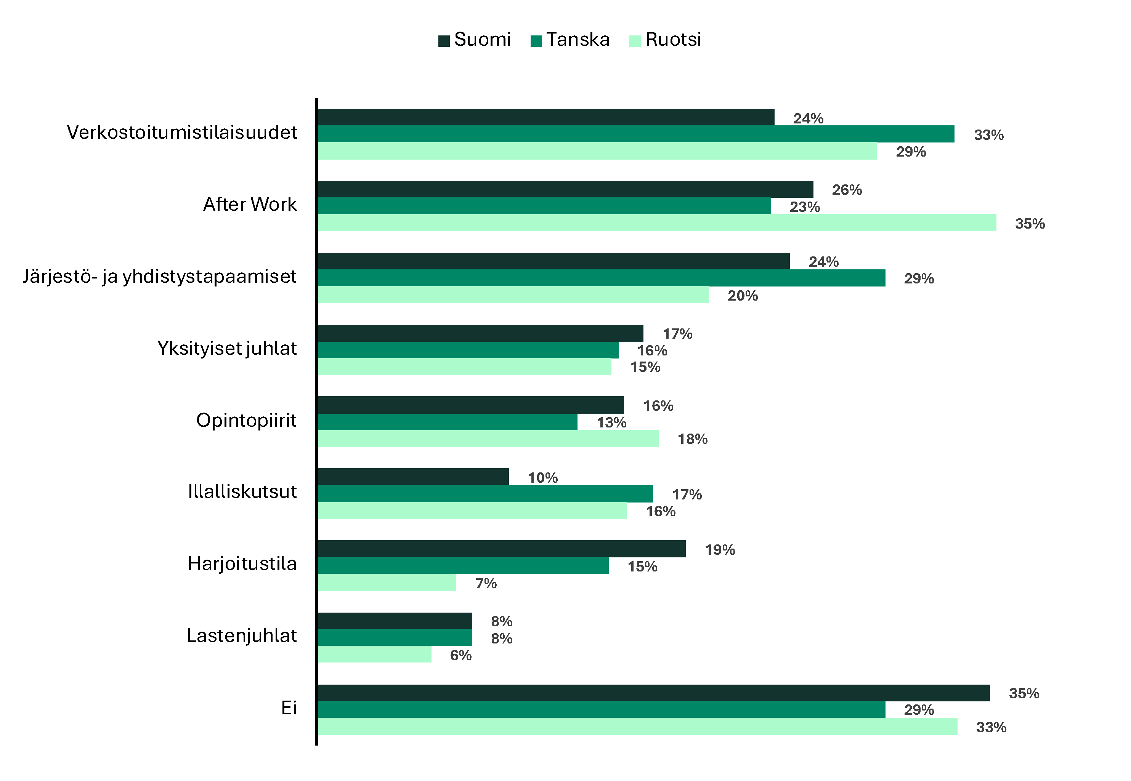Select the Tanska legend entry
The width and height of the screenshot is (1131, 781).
(x=570, y=40)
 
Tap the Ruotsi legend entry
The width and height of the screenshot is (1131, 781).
(x=665, y=40)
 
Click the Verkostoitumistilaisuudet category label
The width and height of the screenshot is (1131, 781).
(x=182, y=133)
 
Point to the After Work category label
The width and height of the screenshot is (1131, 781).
(x=250, y=205)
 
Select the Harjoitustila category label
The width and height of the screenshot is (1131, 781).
(x=242, y=564)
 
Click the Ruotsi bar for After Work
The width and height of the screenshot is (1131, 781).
(x=656, y=222)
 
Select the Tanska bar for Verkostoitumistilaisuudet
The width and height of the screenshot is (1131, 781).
(x=635, y=134)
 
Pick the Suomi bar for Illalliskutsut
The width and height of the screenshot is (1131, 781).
(x=413, y=477)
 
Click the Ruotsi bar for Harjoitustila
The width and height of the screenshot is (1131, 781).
(x=387, y=583)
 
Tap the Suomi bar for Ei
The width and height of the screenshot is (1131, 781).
(x=653, y=693)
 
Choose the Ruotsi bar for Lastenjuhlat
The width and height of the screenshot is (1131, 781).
(x=375, y=654)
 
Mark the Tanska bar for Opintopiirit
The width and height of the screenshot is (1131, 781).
(x=447, y=422)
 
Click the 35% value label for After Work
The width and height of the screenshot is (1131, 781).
(x=1030, y=224)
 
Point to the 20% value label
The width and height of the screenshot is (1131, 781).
(x=742, y=296)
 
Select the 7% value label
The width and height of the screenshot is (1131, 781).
(x=486, y=583)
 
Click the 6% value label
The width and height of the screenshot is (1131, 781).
(x=461, y=655)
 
